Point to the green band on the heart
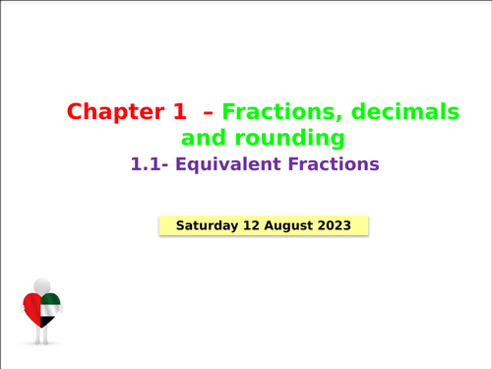51,300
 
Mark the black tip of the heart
45,324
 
